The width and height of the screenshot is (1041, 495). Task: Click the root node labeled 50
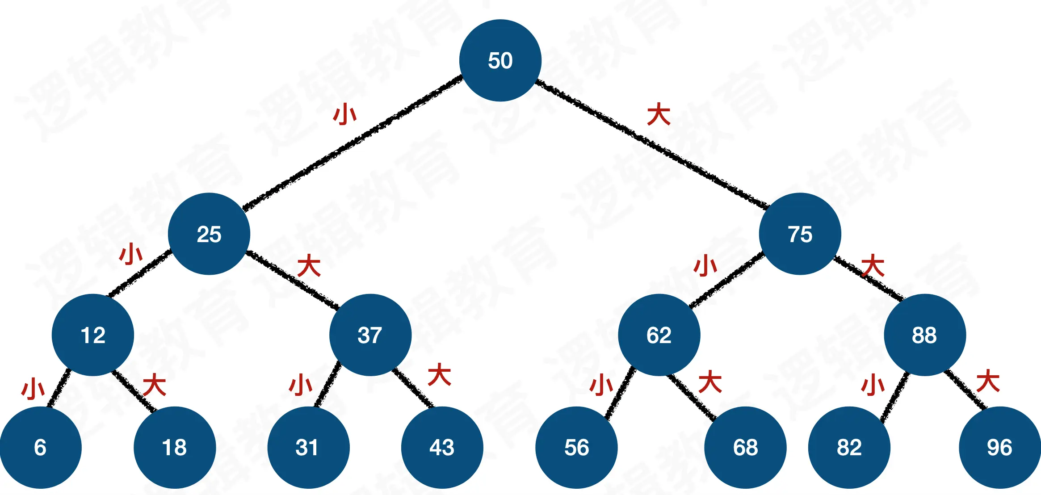tap(500, 60)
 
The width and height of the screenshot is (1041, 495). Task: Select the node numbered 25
tap(209, 234)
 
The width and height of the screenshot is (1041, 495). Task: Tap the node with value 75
tap(800, 234)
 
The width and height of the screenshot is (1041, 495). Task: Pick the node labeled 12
tap(93, 335)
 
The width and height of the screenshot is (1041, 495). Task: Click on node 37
tap(370, 335)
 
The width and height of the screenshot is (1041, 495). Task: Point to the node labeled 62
tap(659, 335)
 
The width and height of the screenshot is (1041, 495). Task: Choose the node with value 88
tap(924, 335)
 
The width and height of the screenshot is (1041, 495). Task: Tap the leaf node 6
tap(40, 447)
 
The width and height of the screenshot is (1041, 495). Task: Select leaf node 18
tap(175, 447)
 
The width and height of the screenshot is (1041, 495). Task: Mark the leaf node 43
tap(442, 447)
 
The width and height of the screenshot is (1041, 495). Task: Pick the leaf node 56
tap(576, 447)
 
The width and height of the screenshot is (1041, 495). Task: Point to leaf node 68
tap(745, 447)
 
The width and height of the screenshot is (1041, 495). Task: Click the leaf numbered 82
tap(849, 447)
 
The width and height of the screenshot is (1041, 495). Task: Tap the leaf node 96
tap(999, 447)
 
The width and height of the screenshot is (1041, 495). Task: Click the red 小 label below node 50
tap(345, 114)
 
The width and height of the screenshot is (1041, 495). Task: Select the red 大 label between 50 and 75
tap(659, 114)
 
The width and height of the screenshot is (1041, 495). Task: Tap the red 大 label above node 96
tap(987, 381)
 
